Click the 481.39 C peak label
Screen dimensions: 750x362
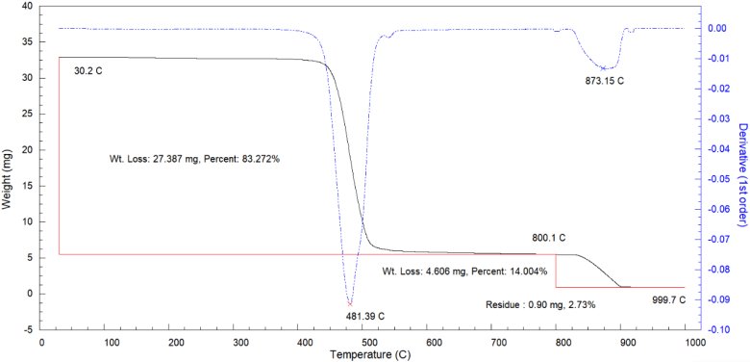click(x=365, y=316)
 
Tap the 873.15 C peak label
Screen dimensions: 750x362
click(x=605, y=81)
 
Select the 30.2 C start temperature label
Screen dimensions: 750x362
click(x=88, y=71)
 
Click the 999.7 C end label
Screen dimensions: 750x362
click(x=669, y=300)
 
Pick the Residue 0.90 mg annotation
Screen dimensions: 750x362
click(x=540, y=304)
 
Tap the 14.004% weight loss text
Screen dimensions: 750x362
click(x=464, y=271)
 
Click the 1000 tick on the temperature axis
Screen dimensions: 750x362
click(x=686, y=343)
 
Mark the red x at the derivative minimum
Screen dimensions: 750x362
click(x=350, y=303)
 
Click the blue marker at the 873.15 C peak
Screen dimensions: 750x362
click(x=604, y=68)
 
